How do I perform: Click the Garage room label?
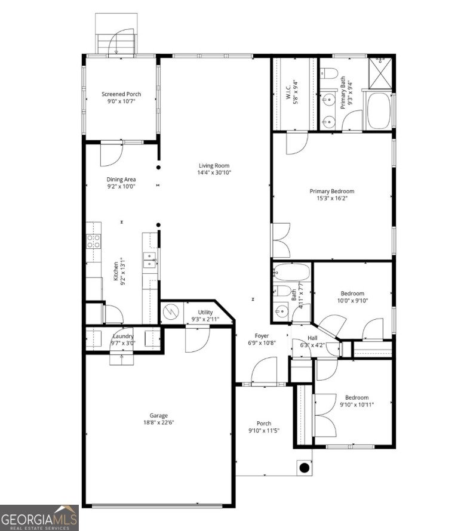pos(158,415)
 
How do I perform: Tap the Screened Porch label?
pos(121,94)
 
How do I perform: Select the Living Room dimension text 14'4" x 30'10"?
pos(214,172)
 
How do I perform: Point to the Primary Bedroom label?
pos(332,192)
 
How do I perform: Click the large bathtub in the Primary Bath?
pos(379,110)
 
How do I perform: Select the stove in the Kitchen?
pos(94,241)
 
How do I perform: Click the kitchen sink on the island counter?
pos(149,258)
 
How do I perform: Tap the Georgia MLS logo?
pos(39,517)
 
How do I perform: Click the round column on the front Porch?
pos(304,467)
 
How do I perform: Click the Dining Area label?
pos(121,180)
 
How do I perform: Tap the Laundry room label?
pos(122,336)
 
